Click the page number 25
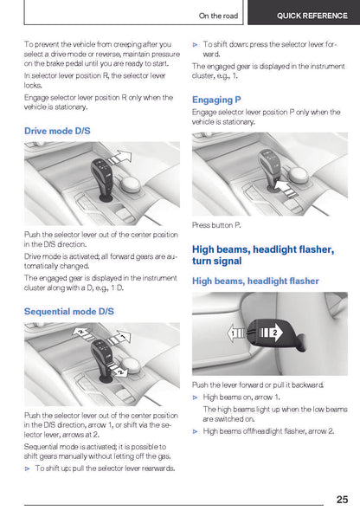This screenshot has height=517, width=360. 342,499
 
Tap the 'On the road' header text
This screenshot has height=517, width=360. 218,16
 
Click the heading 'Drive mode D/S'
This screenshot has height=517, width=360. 57,131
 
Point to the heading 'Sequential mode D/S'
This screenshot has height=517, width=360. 69,311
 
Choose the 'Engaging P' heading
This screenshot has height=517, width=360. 216,100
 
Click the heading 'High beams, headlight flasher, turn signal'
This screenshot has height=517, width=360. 263,255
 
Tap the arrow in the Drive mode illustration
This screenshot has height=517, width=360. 119,158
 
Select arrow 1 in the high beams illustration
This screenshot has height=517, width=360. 236,333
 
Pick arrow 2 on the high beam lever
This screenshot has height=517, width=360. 271,333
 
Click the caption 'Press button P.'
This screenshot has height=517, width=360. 216,225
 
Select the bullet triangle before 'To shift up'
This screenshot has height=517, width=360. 28,469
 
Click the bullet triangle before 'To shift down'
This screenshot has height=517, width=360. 196,44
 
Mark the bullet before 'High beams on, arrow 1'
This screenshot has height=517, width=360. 196,397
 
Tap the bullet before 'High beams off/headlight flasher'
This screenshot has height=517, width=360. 196,431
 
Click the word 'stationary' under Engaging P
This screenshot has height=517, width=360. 239,121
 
